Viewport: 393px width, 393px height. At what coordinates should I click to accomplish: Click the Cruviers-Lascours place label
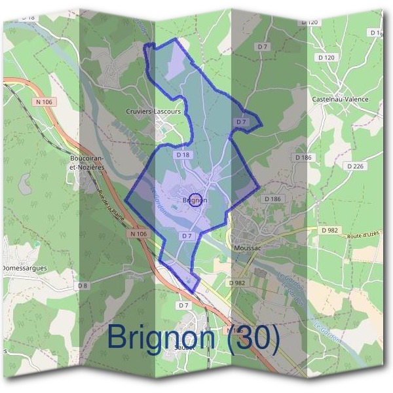153,112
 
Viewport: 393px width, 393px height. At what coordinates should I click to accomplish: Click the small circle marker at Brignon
195,200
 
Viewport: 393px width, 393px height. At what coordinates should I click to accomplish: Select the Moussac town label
247,249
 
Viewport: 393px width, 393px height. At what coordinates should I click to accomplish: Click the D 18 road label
183,155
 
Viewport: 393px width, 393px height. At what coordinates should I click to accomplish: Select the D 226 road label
354,166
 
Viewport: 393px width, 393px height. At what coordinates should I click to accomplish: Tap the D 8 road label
83,286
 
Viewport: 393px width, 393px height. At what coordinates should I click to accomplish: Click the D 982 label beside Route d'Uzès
329,231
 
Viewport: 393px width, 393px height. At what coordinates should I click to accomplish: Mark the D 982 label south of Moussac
236,283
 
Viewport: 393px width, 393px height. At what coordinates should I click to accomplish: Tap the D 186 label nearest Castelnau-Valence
303,158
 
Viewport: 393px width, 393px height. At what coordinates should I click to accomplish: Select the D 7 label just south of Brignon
186,235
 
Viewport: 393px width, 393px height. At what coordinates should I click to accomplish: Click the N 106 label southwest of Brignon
138,234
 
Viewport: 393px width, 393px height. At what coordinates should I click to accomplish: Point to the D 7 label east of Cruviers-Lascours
241,122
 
